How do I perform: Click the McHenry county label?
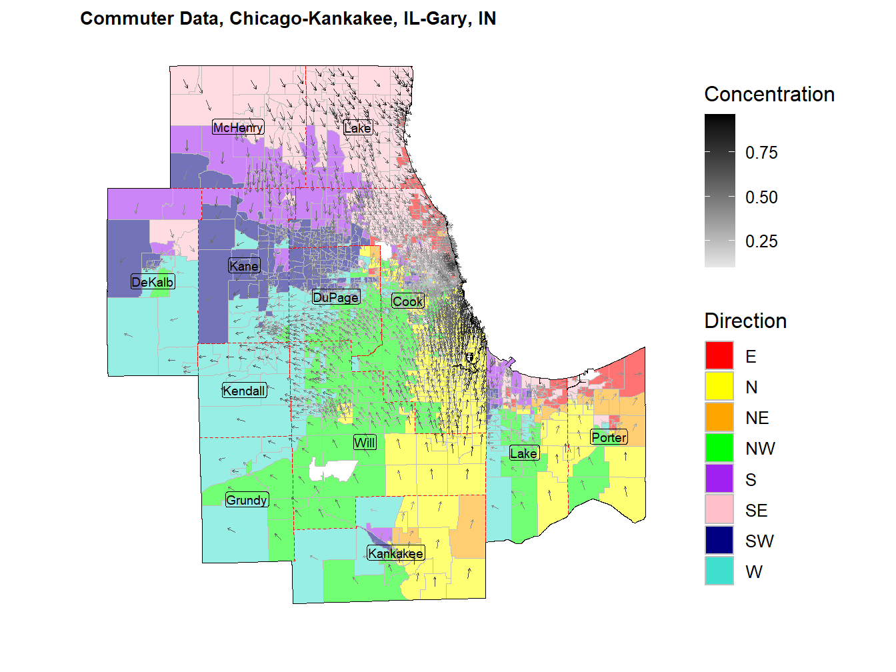tap(238, 127)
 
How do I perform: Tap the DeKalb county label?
tap(153, 282)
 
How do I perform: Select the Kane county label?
tap(244, 266)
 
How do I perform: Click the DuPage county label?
tap(336, 297)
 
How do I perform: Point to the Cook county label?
tap(407, 301)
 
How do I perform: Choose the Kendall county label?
tap(244, 391)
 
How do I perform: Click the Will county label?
tap(365, 443)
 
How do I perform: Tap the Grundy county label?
tap(247, 500)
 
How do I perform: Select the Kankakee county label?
tap(395, 553)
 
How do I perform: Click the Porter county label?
tap(609, 437)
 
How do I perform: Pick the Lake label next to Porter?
tap(523, 453)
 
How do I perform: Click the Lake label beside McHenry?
tap(357, 128)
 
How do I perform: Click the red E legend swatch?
tap(719, 356)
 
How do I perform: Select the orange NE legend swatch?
tap(719, 417)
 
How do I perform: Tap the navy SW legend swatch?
tap(719, 541)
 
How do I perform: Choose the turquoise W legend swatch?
tap(719, 571)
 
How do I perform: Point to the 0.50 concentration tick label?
tap(761, 197)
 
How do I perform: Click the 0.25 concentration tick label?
tap(761, 241)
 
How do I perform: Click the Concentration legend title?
tap(769, 95)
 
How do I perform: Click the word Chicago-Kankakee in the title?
tap(311, 19)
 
